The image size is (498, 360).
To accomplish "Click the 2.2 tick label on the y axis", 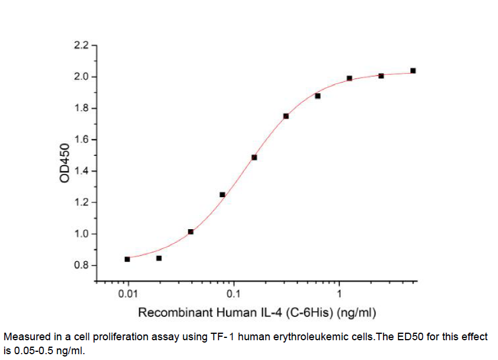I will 81,46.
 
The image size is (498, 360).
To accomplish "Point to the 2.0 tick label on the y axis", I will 81,77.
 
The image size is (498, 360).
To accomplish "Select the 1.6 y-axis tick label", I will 81,140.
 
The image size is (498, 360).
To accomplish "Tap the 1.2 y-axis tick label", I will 81,203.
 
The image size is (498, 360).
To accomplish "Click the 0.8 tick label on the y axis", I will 81,266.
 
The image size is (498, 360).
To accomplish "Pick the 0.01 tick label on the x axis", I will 128,294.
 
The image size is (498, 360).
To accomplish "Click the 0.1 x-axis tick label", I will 234,294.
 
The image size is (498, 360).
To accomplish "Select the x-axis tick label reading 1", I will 339,294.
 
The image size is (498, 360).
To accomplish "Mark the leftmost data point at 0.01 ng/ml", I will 127,259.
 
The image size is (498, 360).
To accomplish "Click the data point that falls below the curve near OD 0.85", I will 159,258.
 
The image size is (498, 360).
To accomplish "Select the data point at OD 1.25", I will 223,194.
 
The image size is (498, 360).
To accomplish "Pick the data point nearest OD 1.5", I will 254,157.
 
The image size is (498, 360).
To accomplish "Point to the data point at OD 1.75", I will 286,116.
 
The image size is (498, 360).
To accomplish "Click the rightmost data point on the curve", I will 413,70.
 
